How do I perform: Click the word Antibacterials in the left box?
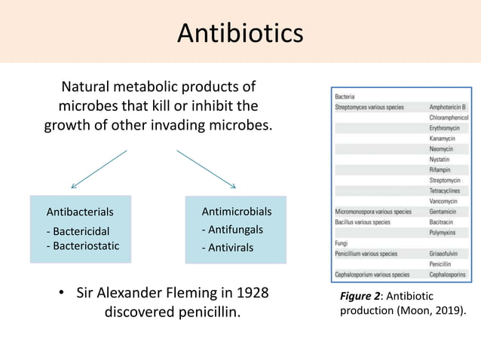pos(80,212)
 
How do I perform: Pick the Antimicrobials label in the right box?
pos(237,211)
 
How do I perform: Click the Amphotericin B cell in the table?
pos(448,108)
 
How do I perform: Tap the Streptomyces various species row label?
pos(369,108)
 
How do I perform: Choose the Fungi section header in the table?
pos(342,243)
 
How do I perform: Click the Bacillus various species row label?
pos(363,223)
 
